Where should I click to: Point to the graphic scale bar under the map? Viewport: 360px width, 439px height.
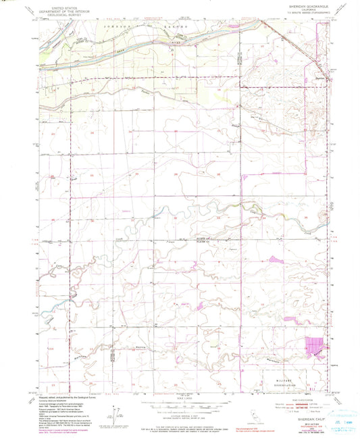tap(179, 406)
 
